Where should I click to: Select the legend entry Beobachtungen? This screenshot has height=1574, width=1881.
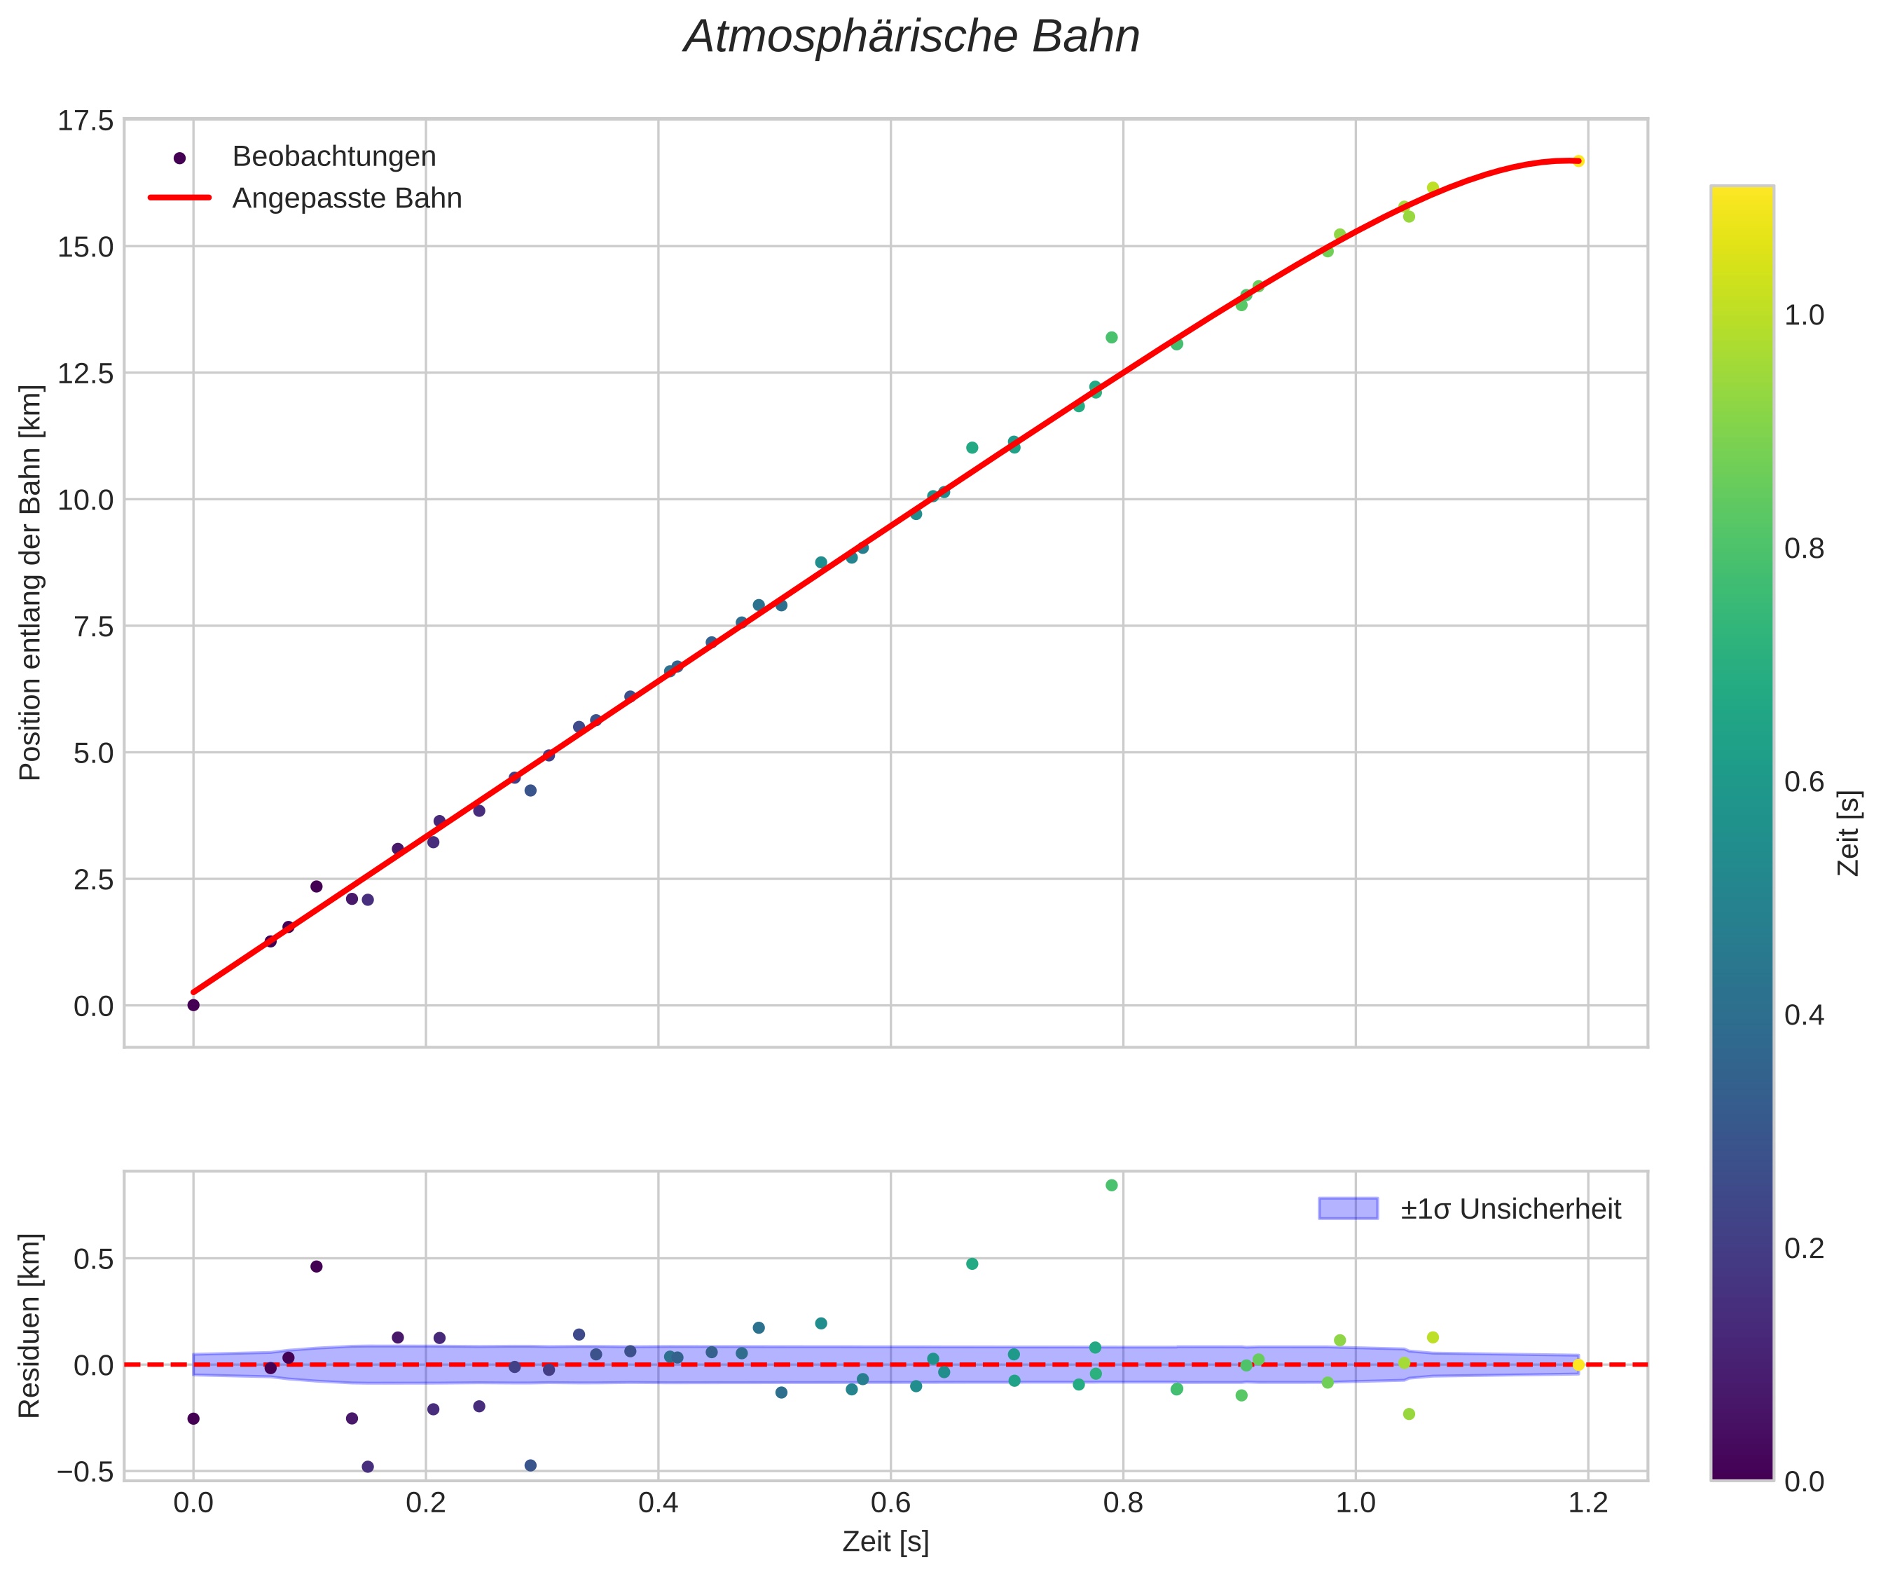tap(333, 157)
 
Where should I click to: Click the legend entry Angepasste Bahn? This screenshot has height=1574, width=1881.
tap(347, 198)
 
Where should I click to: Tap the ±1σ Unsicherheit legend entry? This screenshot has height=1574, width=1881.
tap(1510, 1210)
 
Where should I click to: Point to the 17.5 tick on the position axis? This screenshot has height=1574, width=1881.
tap(86, 120)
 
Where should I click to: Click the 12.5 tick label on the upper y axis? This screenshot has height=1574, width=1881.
tap(86, 373)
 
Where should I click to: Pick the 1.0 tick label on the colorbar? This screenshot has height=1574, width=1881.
tap(1804, 315)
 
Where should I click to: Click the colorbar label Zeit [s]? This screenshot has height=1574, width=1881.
tap(1849, 833)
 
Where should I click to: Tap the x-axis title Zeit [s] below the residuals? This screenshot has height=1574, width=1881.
tap(885, 1542)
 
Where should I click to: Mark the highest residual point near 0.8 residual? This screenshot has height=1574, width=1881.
tap(1112, 1185)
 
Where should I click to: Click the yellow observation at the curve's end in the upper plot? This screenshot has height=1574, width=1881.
tap(1578, 161)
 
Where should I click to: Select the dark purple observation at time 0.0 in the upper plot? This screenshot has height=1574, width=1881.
tap(193, 1005)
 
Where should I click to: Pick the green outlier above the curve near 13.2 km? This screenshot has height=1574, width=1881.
tap(1112, 338)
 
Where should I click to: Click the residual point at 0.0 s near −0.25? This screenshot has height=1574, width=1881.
tap(193, 1418)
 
